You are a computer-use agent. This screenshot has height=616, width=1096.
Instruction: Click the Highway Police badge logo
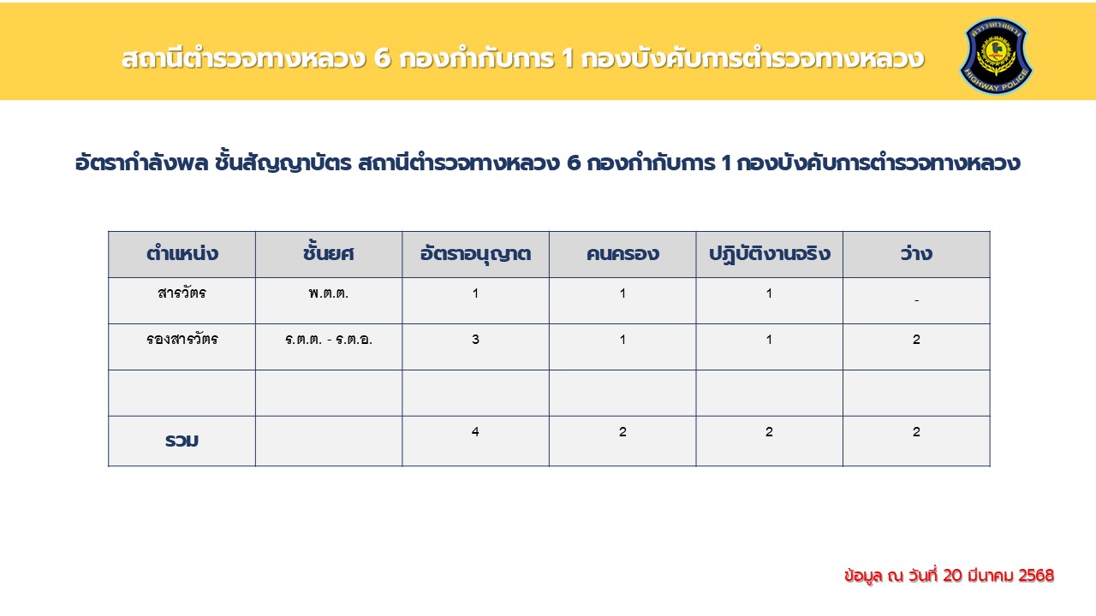point(996,56)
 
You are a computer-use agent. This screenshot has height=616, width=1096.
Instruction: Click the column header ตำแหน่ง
point(182,254)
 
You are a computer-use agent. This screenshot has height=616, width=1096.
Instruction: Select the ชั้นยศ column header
point(328,252)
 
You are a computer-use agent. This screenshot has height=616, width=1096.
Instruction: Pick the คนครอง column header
point(622,254)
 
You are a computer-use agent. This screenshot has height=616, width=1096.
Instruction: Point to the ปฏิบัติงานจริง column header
point(769,254)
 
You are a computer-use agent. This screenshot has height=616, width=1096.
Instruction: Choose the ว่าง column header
point(916,252)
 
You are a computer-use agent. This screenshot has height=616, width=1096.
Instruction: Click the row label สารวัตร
point(182,293)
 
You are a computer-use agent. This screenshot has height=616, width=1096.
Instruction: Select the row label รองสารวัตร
point(182,339)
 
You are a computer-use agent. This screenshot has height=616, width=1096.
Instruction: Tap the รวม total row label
point(182,441)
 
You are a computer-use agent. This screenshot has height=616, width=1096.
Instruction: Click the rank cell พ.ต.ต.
point(328,293)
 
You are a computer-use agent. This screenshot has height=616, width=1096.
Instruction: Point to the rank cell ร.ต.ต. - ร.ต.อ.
point(328,340)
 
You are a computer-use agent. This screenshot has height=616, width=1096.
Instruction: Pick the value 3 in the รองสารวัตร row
point(475,340)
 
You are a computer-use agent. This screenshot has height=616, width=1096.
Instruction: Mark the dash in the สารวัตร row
point(916,300)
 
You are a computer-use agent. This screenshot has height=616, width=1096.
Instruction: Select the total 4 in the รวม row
point(475,432)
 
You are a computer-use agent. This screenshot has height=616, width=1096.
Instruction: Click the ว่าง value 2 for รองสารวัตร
point(916,340)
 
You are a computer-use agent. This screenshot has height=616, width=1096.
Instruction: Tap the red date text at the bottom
point(950,576)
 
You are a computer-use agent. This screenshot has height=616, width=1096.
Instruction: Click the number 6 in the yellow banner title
point(382,59)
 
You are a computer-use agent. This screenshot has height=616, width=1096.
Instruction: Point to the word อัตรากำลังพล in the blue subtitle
point(141,163)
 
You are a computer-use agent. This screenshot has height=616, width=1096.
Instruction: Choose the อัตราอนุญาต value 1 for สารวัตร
point(475,293)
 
